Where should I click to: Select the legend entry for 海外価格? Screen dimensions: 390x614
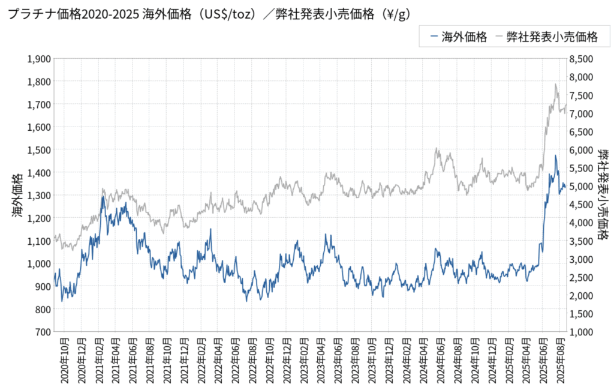click(x=458, y=37)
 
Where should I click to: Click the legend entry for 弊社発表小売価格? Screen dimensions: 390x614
click(x=546, y=37)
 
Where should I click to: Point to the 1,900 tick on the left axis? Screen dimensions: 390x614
click(x=37, y=59)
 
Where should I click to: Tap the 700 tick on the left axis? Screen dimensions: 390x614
click(x=42, y=332)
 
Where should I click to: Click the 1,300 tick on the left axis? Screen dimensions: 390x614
click(x=37, y=195)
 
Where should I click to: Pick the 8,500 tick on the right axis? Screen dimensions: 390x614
click(x=580, y=59)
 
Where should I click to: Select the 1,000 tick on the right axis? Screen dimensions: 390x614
click(x=580, y=332)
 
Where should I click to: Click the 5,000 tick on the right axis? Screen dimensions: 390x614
click(x=580, y=187)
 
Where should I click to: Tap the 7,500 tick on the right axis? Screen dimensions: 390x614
click(x=580, y=95)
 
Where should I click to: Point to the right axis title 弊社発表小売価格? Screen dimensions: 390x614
click(x=603, y=195)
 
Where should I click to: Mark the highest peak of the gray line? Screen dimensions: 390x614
click(x=555, y=84)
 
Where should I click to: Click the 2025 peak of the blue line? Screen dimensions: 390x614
click(x=555, y=155)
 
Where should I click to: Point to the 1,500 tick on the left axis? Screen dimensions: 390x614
click(x=37, y=149)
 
